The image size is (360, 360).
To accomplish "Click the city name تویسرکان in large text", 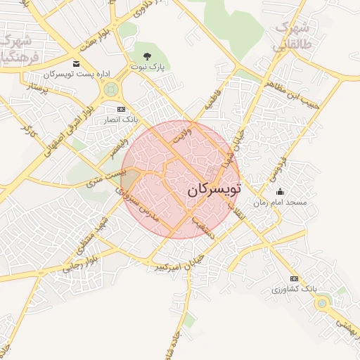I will tap(214, 190).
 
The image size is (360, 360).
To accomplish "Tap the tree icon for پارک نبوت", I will tap(146, 55).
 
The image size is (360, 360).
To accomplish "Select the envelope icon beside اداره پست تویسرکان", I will tap(76, 64).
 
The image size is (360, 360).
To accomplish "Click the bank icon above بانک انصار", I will tap(121, 110).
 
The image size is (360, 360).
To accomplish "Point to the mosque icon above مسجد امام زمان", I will tap(280, 191).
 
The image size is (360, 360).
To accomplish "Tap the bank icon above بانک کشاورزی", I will tap(294, 278).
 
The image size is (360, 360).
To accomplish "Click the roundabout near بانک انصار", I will tap(110, 89).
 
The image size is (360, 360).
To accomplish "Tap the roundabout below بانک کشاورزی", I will tap(323, 303).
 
